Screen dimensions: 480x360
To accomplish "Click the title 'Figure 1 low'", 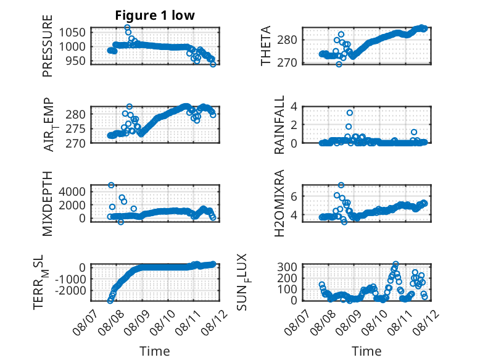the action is point(155,15).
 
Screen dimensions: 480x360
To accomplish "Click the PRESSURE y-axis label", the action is point(48,46).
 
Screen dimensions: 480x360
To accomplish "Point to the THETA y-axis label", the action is point(266,46).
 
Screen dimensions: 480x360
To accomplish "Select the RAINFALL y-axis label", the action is point(279,125).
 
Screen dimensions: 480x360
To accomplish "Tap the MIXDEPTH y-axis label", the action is point(48,204).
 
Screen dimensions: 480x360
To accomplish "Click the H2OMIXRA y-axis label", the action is point(279,203).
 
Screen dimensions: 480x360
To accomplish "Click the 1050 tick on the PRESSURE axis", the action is point(72,33).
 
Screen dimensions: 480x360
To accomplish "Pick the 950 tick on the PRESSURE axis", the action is point(76,61).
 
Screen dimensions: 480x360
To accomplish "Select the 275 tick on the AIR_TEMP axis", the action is point(76,128).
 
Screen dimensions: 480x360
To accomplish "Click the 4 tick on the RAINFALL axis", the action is point(294,107).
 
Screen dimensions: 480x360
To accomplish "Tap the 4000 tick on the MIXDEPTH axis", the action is point(72,192).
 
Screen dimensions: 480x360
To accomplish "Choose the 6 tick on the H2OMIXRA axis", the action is point(294,196).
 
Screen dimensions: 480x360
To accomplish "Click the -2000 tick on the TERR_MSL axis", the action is point(70,290).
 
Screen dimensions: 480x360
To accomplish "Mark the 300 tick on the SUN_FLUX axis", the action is point(287,267).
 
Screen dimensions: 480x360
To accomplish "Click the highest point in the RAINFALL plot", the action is point(350,113).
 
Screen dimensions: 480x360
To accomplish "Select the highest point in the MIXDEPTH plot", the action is point(111,185).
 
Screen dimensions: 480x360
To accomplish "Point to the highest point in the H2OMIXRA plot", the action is point(341,185).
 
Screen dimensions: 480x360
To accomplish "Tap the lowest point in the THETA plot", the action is point(339,64).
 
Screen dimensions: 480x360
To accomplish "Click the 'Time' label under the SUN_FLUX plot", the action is point(366,351).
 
